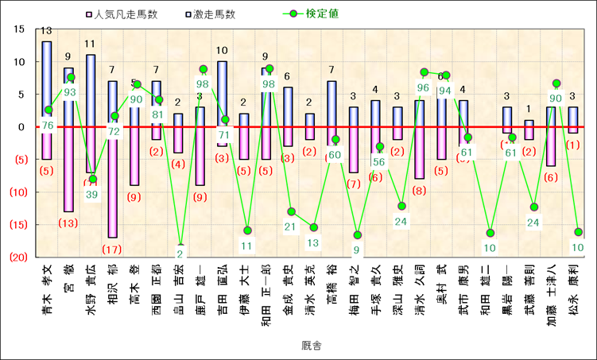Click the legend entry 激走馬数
click(209, 14)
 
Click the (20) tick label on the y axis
click(20, 257)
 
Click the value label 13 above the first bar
click(47, 31)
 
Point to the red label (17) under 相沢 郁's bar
click(113, 250)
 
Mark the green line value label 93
click(70, 92)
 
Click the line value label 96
click(423, 87)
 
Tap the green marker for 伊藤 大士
click(247, 230)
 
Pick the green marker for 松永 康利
click(578, 232)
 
